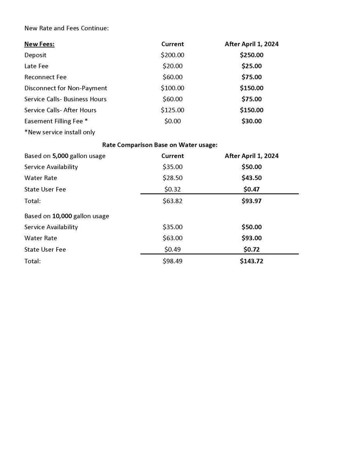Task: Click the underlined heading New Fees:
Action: tap(39, 44)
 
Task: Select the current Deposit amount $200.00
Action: tap(172, 55)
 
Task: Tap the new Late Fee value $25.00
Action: tap(251, 66)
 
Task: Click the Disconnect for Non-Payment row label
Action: tap(66, 88)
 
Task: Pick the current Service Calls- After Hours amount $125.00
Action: tap(172, 110)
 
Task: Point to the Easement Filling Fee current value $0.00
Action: tap(172, 121)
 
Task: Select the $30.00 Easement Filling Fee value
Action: tap(251, 121)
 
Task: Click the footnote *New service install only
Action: tap(59, 132)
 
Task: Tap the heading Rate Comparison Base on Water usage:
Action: tap(160, 145)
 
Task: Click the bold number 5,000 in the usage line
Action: tap(60, 156)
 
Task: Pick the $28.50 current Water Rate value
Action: tap(172, 178)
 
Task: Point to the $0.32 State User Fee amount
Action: tap(172, 190)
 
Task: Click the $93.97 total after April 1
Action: tap(251, 201)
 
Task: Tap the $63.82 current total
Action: tap(172, 201)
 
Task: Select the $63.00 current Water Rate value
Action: tap(172, 238)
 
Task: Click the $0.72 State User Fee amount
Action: tap(251, 250)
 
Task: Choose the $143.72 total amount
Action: tap(251, 261)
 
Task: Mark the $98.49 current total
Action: tap(172, 261)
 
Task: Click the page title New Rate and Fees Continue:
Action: tap(66, 28)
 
